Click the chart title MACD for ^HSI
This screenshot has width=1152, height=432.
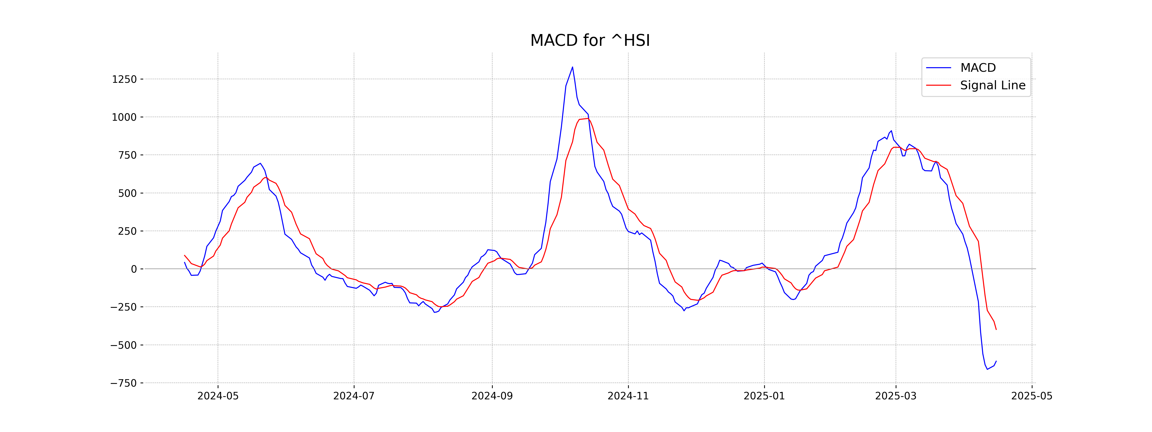[x=590, y=41]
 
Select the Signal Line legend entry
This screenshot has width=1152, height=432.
[x=992, y=85]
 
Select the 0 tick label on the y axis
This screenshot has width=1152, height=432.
[x=134, y=269]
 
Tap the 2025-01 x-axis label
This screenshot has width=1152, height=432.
[x=764, y=396]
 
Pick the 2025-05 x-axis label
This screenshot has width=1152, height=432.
[x=1032, y=396]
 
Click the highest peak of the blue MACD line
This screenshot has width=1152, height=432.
[x=572, y=67]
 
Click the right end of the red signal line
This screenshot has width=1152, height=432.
[x=996, y=330]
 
